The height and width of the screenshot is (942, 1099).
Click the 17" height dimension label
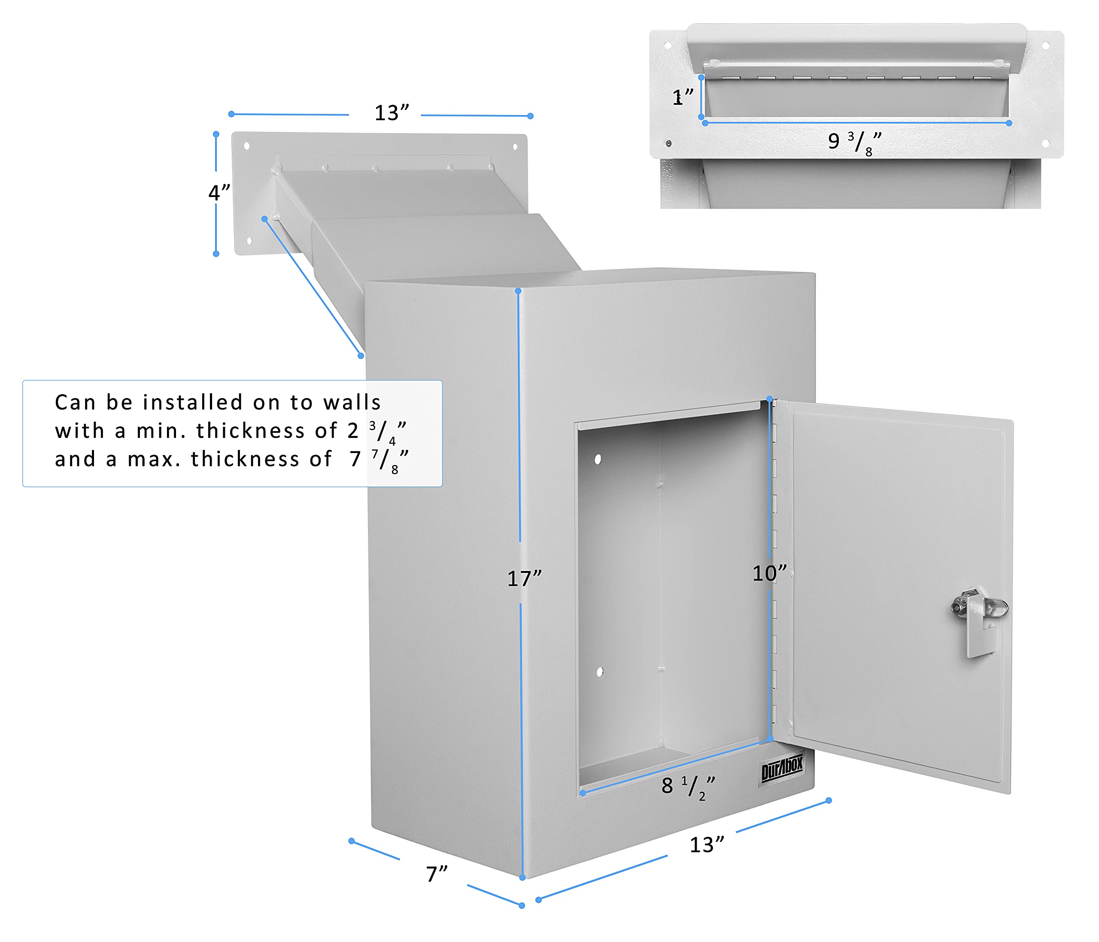click(524, 579)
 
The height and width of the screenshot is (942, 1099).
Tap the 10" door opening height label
click(769, 573)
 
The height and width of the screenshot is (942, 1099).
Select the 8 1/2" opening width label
click(688, 787)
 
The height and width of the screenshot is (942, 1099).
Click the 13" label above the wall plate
click(392, 113)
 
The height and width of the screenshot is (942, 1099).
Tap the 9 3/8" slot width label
click(854, 142)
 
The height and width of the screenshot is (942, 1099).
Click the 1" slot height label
click(682, 97)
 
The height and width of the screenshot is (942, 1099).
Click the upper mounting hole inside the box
click(598, 459)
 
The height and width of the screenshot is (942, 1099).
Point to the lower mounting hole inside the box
click(600, 672)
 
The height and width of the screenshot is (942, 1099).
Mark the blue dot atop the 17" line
click(518, 291)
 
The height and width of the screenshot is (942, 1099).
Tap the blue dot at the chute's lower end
click(361, 356)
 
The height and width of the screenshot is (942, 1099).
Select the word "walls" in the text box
click(352, 403)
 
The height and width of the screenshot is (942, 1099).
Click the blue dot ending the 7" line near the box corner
click(522, 906)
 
